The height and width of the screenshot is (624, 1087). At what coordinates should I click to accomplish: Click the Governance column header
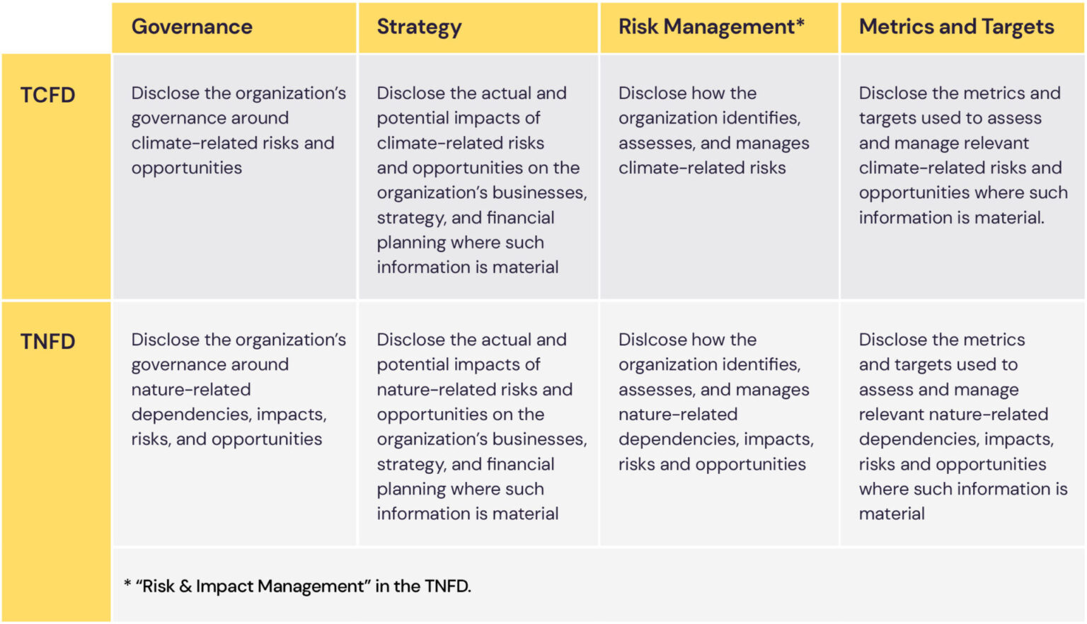(192, 27)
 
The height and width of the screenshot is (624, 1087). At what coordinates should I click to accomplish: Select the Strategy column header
(419, 27)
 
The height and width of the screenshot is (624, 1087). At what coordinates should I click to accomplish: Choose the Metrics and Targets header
(956, 27)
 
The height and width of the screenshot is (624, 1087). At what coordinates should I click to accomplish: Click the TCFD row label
(47, 95)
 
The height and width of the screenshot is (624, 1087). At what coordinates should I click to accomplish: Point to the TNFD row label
(47, 342)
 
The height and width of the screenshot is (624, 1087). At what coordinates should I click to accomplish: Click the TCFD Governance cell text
(238, 131)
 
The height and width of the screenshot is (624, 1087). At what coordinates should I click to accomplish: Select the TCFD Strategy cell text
(481, 180)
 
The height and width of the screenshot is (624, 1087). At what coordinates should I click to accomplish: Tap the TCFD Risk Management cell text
(713, 131)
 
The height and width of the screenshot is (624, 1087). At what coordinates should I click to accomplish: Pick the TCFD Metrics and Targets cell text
(962, 156)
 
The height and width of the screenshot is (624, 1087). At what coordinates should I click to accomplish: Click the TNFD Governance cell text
(238, 390)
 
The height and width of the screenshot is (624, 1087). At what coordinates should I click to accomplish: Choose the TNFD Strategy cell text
(481, 427)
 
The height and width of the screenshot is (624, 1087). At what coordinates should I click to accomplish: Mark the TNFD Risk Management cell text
(715, 402)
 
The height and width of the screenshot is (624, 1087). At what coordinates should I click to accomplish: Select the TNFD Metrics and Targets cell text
(962, 427)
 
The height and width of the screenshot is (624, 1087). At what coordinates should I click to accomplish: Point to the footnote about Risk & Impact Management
(297, 587)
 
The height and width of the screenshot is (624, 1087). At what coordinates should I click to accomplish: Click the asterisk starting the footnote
(127, 584)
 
